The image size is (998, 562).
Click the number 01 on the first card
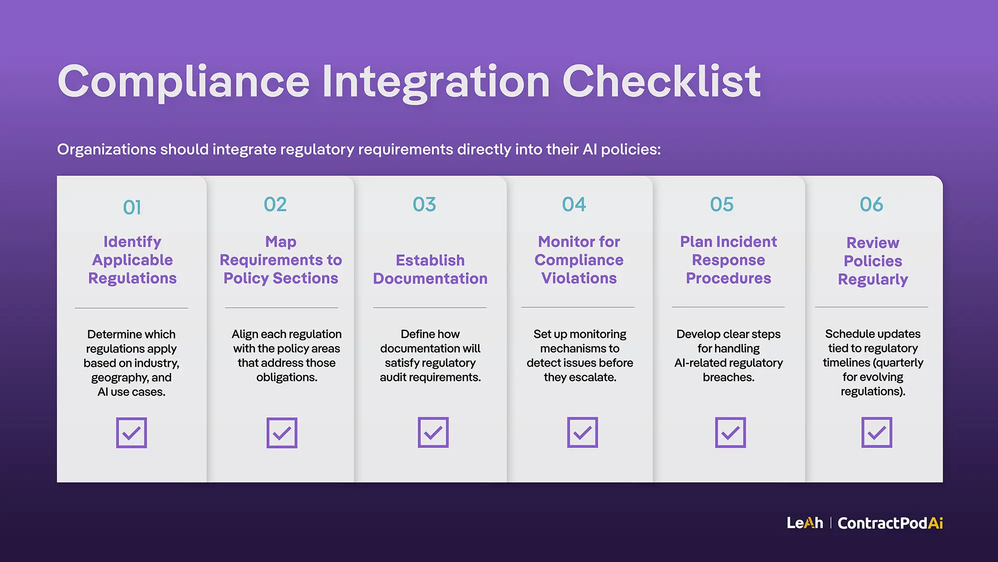(132, 208)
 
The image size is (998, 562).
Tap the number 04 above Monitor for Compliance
(574, 204)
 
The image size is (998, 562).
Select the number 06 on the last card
(871, 204)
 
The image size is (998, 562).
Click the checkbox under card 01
(131, 433)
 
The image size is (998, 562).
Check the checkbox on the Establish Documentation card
(433, 432)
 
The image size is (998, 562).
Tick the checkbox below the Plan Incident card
(730, 432)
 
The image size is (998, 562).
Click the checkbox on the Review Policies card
(876, 432)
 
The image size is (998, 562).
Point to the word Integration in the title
(436, 82)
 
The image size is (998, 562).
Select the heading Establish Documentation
(430, 269)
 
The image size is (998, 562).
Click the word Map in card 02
(281, 242)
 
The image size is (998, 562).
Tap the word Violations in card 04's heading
(579, 278)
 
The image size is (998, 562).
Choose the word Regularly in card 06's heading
(873, 279)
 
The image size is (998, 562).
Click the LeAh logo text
(804, 523)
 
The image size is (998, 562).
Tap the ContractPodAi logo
(890, 523)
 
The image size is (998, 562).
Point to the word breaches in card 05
(728, 377)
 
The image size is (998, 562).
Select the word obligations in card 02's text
(286, 377)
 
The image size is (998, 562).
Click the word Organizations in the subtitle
(107, 149)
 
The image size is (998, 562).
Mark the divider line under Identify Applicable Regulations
(131, 308)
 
